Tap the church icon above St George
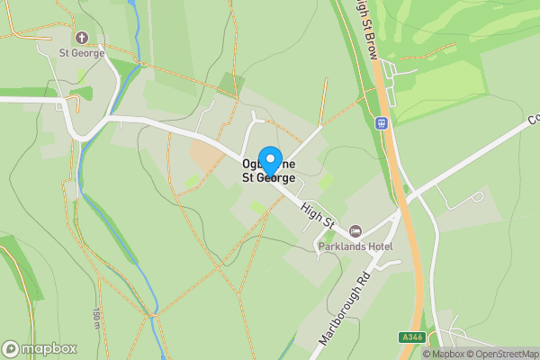(82, 38)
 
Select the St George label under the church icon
(82, 53)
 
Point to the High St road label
(317, 213)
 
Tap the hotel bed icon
(355, 232)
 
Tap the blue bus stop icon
(382, 122)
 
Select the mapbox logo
(40, 348)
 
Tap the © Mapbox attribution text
(444, 354)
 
